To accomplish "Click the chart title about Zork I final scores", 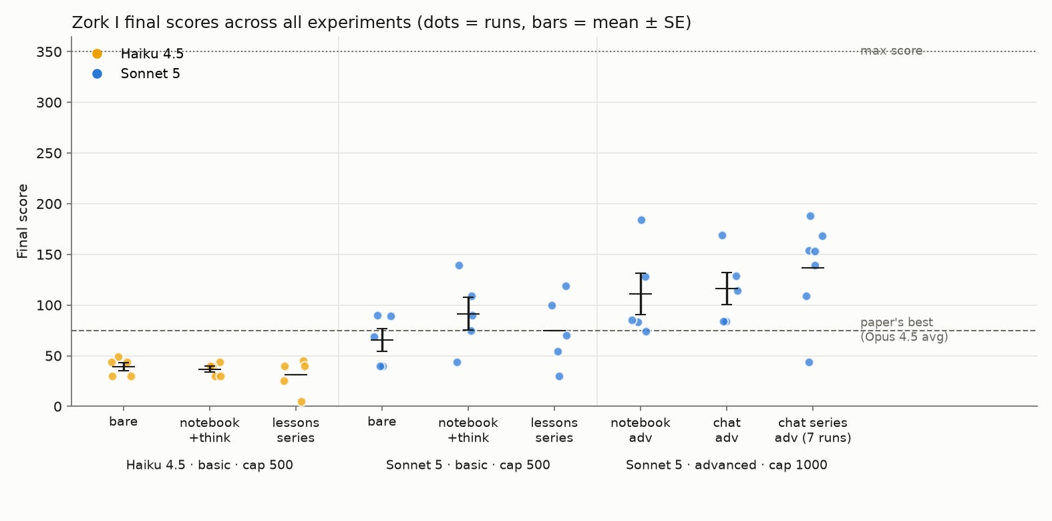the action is click(x=381, y=23).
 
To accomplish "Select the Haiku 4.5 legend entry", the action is click(x=138, y=54).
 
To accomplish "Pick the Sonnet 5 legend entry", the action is click(x=136, y=73).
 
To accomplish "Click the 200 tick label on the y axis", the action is click(x=49, y=204).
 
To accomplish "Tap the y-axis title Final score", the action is click(x=23, y=221).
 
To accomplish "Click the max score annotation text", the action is click(x=892, y=51).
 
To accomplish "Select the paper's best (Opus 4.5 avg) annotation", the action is click(x=904, y=329).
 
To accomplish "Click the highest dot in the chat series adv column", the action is click(x=810, y=216).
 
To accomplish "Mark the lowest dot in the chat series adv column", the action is click(x=809, y=362).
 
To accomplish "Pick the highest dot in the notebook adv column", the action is click(x=641, y=220).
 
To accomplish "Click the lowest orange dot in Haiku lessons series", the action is click(x=301, y=401).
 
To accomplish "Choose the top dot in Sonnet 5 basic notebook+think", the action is click(x=459, y=265).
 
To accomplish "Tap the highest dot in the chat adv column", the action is click(x=722, y=235).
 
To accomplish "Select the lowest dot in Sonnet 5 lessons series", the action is click(x=559, y=376).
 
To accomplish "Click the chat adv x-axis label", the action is click(x=727, y=430).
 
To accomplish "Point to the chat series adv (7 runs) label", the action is click(x=812, y=430).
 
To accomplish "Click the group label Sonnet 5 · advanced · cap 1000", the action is click(x=726, y=465).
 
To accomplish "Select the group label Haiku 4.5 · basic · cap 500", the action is click(x=210, y=465).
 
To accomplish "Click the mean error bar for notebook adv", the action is click(x=641, y=294).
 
